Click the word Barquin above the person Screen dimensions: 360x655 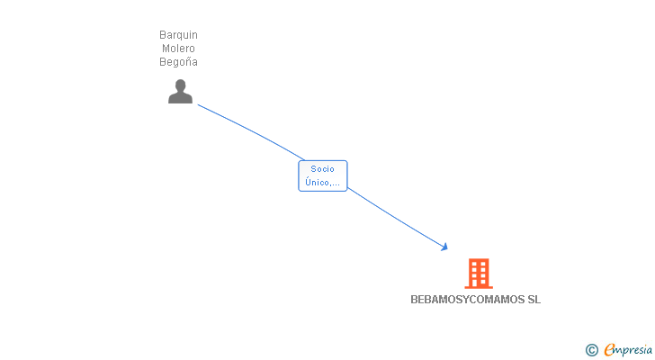coord(178,35)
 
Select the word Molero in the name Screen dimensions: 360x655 coord(178,49)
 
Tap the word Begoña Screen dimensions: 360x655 coord(178,62)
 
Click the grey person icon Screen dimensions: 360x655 coord(180,92)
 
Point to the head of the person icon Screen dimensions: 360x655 coord(180,85)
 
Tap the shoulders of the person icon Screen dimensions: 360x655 coord(180,98)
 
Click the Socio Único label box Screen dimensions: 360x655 coord(322,175)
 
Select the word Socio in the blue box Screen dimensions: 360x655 coord(322,169)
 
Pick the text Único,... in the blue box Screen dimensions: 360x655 coord(322,183)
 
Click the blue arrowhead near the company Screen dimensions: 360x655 coord(444,247)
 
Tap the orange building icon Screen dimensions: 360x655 coord(479,273)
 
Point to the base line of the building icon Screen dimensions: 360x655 coord(479,287)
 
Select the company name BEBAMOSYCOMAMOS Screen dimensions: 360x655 coord(462,300)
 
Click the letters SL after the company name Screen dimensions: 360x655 coord(534,300)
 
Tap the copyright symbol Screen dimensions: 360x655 coord(591,350)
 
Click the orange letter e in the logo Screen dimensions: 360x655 coord(609,350)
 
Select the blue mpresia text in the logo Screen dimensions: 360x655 coord(634,350)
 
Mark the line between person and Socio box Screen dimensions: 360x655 coord(251,130)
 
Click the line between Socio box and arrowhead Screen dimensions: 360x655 coord(396,217)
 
